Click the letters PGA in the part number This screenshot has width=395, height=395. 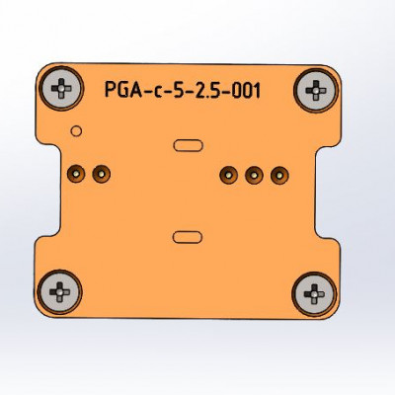pos(121,91)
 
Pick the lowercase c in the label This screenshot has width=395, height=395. pos(155,92)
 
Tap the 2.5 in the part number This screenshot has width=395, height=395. pos(208,91)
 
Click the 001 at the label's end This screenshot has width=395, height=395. pos(246,91)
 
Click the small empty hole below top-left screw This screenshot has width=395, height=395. pos(76,130)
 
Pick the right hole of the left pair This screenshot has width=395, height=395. pos(100,175)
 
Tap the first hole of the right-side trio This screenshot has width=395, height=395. pos(228,175)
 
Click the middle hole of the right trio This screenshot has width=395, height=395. pos(254,175)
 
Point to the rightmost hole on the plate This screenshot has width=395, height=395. pos(278,175)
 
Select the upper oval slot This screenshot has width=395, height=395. pos(187,146)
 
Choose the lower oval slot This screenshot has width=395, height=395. pos(187,236)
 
